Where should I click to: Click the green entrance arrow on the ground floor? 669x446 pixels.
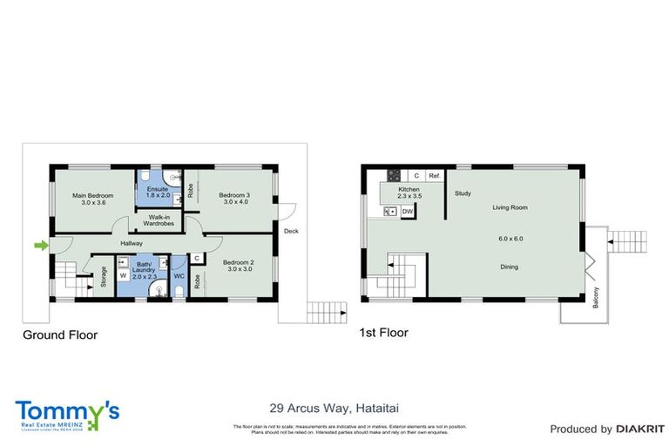tap(40, 247)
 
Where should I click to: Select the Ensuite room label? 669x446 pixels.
tap(158, 190)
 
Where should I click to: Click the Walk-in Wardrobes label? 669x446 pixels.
tap(159, 220)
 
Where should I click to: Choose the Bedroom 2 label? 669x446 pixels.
tap(239, 262)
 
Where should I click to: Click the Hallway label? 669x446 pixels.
tap(132, 243)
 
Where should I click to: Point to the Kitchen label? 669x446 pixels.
tap(409, 189)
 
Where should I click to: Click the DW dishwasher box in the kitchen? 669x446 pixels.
tap(407, 211)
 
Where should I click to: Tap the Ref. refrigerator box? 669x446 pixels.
tap(434, 176)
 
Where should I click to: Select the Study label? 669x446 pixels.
tap(463, 193)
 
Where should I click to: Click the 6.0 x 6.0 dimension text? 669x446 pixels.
tap(510, 238)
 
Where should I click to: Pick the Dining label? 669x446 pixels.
tap(510, 267)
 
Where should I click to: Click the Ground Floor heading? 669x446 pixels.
tap(60, 334)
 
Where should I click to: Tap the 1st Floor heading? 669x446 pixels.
tap(383, 333)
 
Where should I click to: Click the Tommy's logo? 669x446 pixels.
tap(67, 413)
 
